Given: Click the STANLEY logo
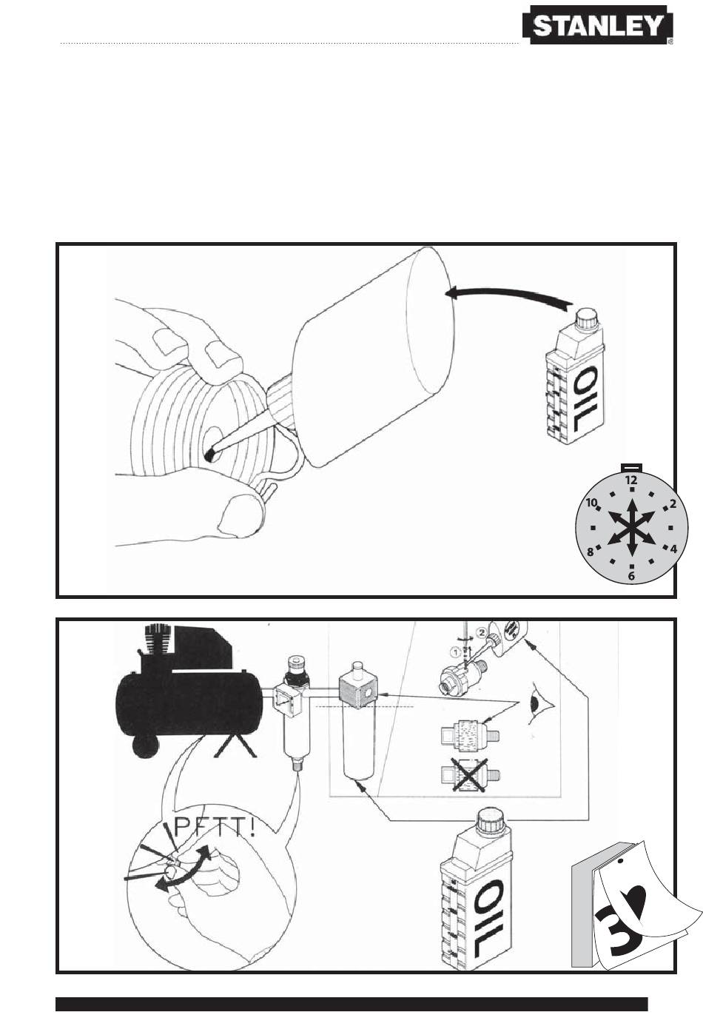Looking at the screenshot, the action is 597,25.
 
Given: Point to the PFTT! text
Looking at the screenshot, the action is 215,828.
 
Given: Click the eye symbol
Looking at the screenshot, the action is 541,703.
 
